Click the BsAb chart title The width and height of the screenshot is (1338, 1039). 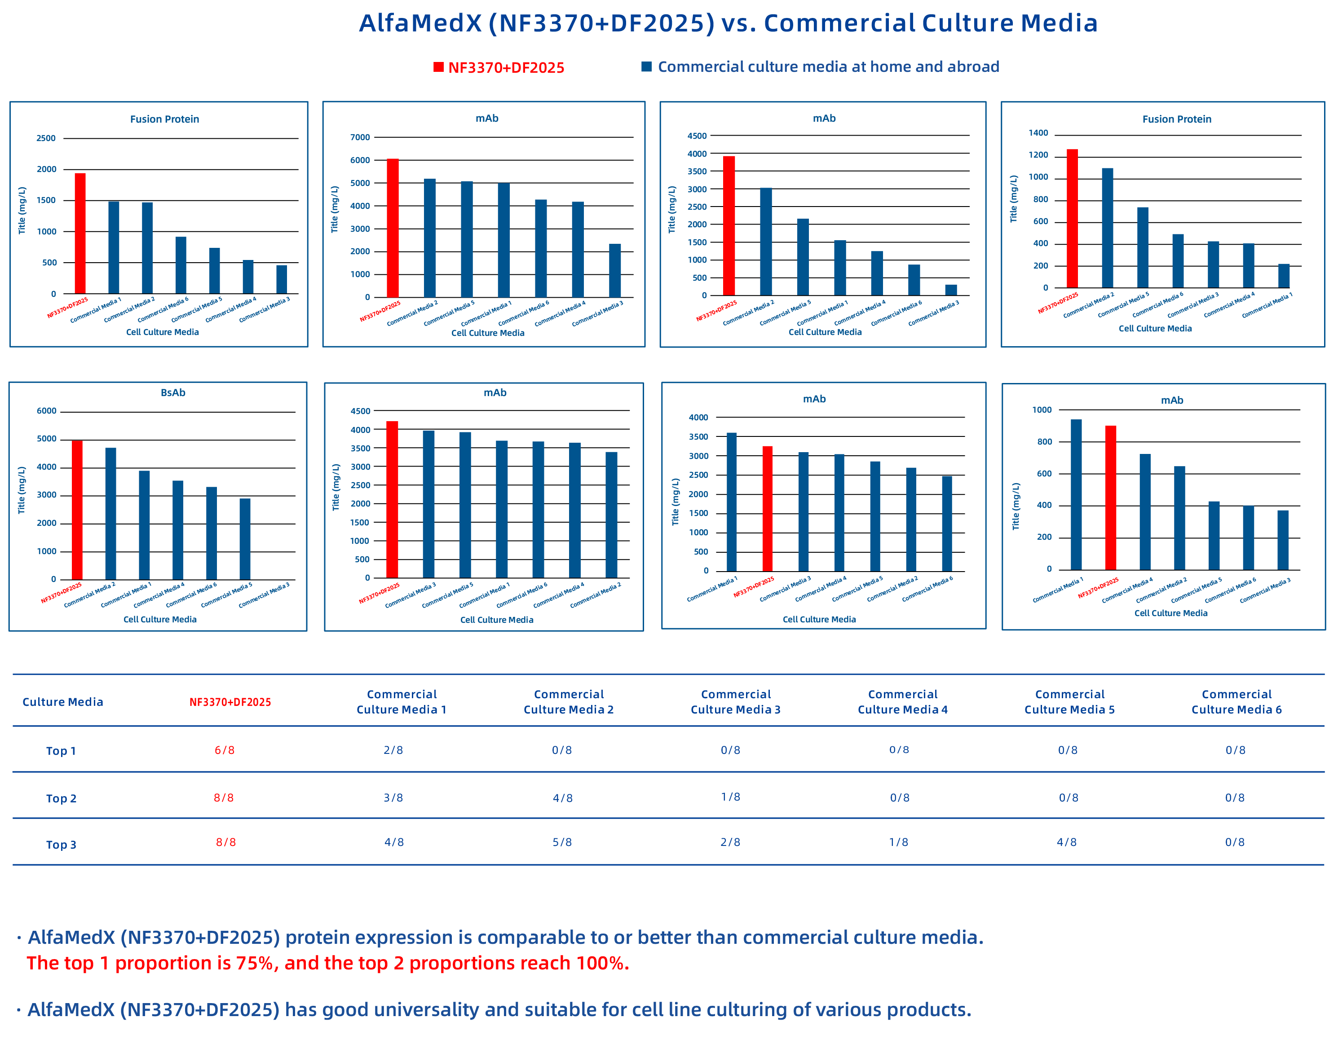(173, 393)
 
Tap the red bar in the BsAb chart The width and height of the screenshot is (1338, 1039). (77, 510)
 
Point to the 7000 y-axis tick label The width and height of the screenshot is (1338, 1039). (360, 137)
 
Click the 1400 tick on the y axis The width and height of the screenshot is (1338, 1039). (1038, 133)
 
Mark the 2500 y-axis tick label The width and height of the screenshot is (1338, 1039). (46, 138)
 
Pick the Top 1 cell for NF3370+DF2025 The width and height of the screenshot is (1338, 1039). (224, 750)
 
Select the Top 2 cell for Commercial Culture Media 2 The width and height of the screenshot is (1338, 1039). (562, 797)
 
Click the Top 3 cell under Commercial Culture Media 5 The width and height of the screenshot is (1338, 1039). (1067, 842)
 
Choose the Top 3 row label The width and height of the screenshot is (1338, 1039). (61, 844)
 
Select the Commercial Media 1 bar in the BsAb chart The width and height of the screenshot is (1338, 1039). (144, 525)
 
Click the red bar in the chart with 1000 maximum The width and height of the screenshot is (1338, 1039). (1110, 497)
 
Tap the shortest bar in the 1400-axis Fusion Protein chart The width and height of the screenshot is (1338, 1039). (1284, 276)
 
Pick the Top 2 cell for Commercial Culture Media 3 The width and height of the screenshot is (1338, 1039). (730, 797)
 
